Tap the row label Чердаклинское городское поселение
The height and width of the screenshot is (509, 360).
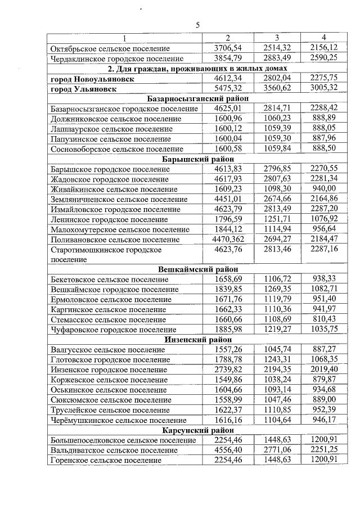(117, 58)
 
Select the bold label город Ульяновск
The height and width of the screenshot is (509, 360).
(84, 88)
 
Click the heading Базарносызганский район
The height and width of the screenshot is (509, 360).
(197, 98)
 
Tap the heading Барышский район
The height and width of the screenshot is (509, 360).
(197, 159)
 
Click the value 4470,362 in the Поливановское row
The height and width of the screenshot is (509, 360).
(228, 240)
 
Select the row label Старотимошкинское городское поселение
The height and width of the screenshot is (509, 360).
(106, 254)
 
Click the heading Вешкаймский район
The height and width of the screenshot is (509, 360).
(197, 269)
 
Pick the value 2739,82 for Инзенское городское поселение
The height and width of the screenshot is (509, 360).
(228, 370)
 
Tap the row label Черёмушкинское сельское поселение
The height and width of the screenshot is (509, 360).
(118, 421)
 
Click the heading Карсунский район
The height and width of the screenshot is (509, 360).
(197, 431)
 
